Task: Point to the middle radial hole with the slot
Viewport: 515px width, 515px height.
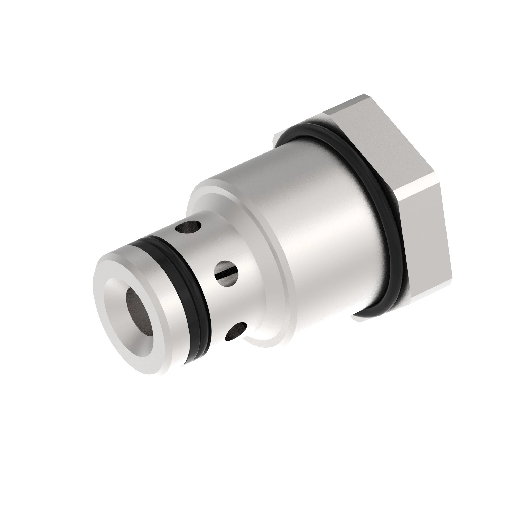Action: (226, 273)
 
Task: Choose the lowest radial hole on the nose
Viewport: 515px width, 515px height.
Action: (236, 332)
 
